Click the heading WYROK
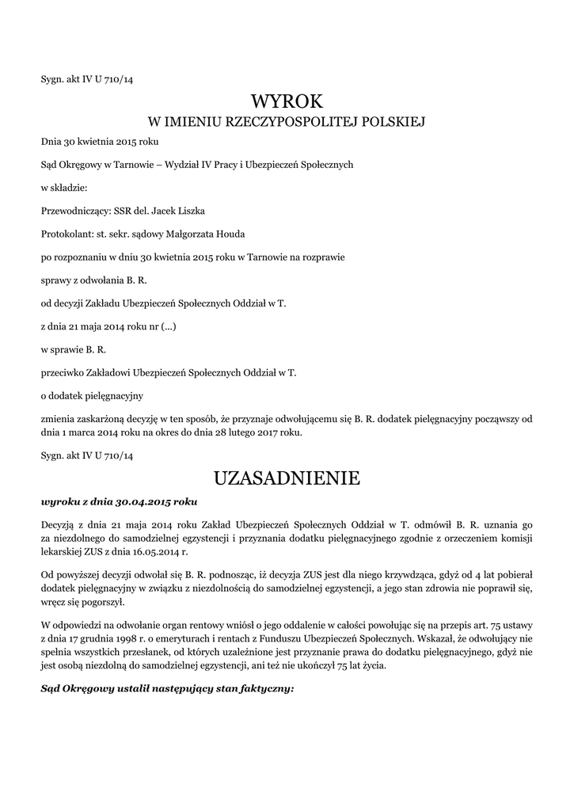click(x=287, y=101)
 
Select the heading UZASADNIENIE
click(x=287, y=478)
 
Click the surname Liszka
click(x=198, y=210)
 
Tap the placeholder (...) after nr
click(x=167, y=325)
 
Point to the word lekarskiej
click(x=63, y=552)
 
